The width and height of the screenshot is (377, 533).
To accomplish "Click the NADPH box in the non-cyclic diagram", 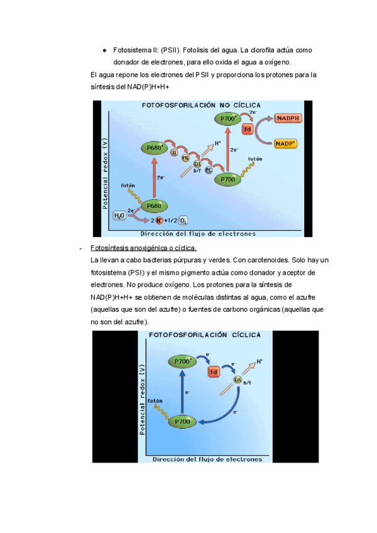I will tap(288, 118).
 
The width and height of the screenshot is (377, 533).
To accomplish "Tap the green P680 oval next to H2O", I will tap(155, 206).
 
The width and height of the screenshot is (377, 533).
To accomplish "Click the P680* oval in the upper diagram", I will tap(154, 148).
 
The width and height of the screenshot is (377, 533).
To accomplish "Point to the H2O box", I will tap(119, 216).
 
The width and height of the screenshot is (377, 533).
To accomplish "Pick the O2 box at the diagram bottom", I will tap(183, 221).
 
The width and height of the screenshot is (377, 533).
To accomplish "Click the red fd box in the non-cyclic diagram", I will tap(248, 129).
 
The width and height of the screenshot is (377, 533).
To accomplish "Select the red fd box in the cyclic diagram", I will tap(214, 371).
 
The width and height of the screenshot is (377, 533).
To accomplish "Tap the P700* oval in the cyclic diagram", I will tap(182, 361).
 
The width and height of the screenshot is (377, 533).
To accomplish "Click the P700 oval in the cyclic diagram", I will tap(182, 422).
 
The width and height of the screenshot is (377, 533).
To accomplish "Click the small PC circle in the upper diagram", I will tap(208, 170).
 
